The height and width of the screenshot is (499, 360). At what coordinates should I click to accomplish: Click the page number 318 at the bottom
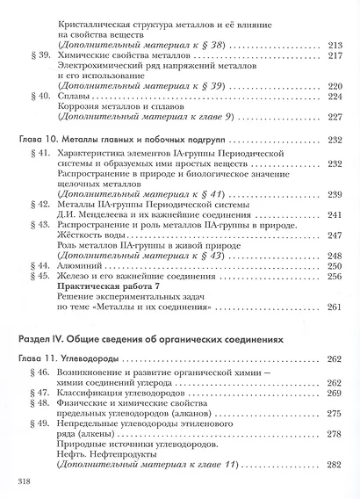click(23, 482)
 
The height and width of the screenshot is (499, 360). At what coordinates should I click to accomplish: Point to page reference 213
click(333, 43)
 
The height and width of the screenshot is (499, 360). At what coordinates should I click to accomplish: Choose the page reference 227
click(333, 118)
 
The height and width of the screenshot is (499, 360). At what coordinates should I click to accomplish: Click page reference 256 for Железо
click(333, 276)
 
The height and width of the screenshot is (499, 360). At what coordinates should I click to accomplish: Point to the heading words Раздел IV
click(45, 338)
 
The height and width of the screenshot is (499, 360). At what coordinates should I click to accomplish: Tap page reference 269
click(333, 393)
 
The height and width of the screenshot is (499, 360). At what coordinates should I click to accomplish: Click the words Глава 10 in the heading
click(45, 139)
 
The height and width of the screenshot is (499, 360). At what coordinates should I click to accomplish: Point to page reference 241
click(333, 213)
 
